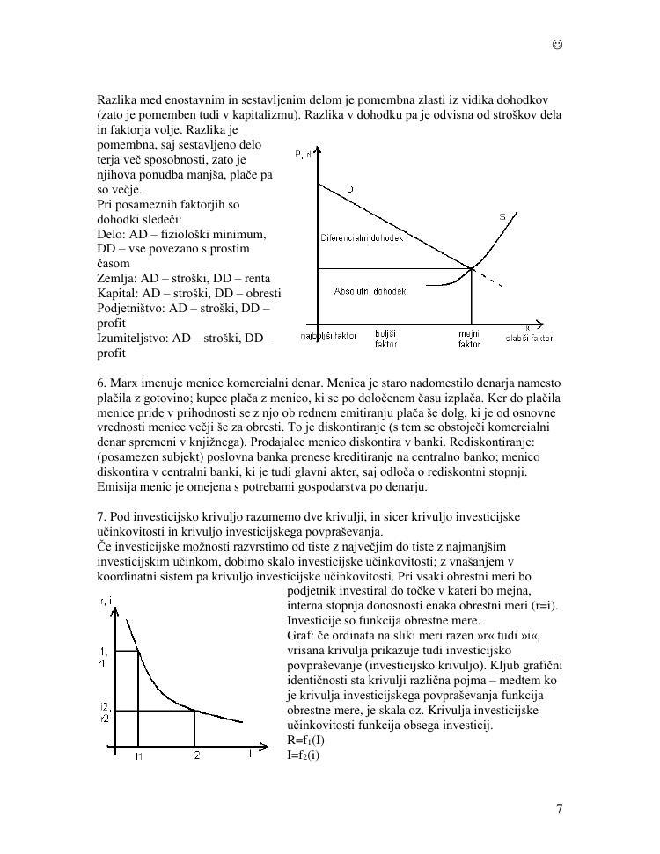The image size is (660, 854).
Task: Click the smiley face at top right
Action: click(558, 45)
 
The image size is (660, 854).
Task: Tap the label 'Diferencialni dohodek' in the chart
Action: click(361, 238)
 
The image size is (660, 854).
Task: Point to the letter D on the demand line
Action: click(350, 189)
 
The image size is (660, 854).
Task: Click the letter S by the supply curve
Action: click(502, 216)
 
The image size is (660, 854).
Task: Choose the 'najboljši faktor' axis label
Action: click(329, 336)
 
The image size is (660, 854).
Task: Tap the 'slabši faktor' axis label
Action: click(530, 338)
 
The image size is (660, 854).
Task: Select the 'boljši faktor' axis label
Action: click(386, 339)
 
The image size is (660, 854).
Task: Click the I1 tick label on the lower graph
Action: click(139, 755)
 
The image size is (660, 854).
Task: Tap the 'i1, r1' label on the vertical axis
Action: click(104, 656)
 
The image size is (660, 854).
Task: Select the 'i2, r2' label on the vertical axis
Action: click(105, 712)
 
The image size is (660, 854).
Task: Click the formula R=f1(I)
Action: click(305, 740)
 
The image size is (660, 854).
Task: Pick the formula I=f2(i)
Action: click(304, 755)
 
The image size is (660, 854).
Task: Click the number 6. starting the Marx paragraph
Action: click(102, 383)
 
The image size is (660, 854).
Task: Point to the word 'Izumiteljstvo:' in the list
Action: click(133, 338)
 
